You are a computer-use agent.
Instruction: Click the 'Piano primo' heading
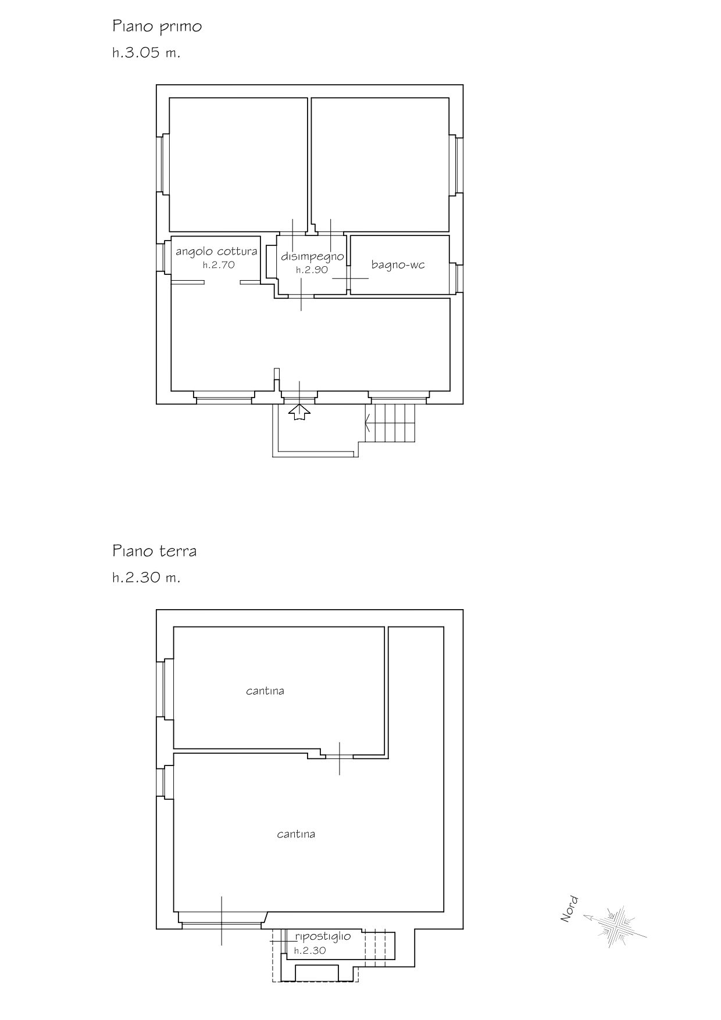point(157,27)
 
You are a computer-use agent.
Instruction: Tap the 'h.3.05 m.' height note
point(147,53)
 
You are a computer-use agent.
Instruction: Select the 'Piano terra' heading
point(155,551)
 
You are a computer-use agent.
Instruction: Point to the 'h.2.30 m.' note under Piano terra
point(147,578)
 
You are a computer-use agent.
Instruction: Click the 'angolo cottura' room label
point(216,252)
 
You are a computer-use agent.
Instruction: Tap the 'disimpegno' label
point(313,256)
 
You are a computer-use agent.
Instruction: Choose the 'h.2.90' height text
point(312,270)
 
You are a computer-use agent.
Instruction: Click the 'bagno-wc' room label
point(398,265)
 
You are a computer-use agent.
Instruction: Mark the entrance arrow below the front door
point(299,411)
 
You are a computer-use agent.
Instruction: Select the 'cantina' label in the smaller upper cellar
point(265,691)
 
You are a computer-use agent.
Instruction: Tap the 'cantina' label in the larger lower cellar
point(296,834)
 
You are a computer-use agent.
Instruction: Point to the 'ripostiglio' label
point(323,937)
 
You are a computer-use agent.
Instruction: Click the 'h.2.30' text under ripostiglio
point(310,951)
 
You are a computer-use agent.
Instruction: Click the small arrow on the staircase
point(367,422)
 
